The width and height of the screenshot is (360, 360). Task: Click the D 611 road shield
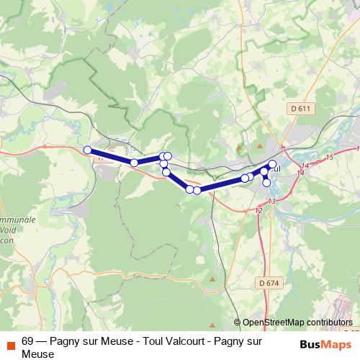click(302, 109)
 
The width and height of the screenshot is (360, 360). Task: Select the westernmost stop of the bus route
click(88, 150)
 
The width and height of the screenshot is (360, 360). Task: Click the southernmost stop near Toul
click(267, 183)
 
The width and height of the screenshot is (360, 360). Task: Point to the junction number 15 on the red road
click(329, 157)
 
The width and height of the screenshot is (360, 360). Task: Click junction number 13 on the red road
click(271, 202)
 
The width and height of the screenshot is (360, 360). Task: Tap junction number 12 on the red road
click(258, 210)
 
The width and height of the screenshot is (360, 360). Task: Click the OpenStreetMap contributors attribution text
click(297, 323)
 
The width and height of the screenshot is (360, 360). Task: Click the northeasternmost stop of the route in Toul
click(273, 164)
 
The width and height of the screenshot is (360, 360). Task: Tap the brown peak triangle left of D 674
click(212, 278)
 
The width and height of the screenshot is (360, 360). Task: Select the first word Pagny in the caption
click(65, 342)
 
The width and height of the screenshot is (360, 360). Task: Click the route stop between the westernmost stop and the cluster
click(134, 163)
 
